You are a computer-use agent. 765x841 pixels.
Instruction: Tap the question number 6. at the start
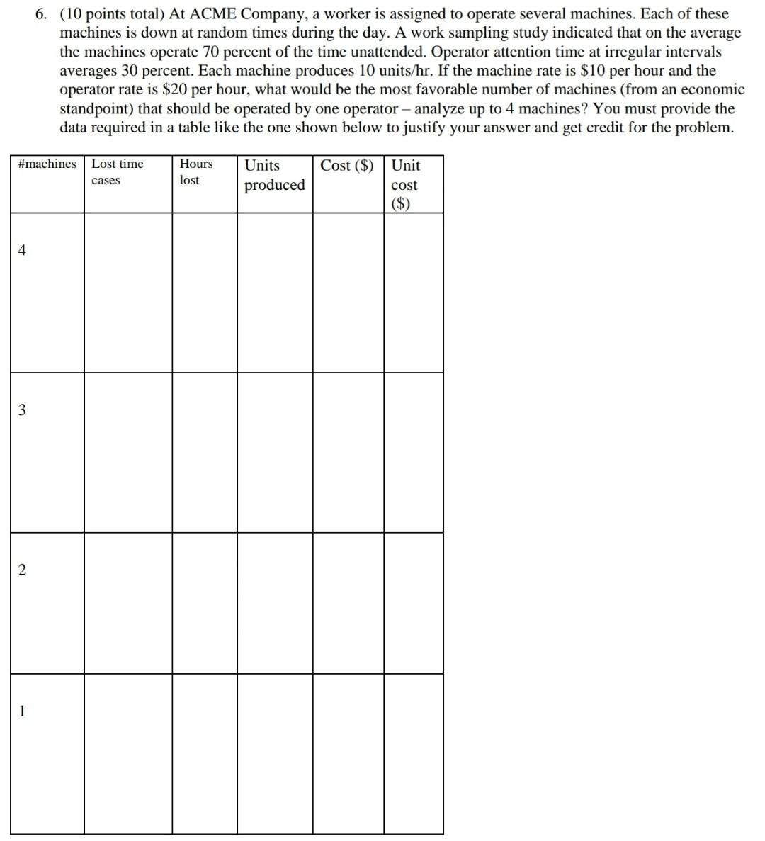(43, 14)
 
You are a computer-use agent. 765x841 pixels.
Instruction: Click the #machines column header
(47, 164)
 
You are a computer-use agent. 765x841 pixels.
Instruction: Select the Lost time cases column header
(117, 172)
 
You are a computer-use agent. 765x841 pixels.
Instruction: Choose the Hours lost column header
(195, 172)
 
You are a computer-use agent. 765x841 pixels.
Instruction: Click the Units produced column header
(274, 175)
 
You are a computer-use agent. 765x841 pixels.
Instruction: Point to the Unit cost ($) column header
(405, 184)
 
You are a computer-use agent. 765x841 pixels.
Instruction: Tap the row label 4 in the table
(22, 250)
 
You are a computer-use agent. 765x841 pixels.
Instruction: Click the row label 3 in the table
(22, 410)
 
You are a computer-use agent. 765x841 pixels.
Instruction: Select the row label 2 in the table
(22, 570)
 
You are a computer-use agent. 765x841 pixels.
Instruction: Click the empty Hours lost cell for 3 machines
(205, 453)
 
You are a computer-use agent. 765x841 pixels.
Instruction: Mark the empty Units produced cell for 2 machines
(275, 603)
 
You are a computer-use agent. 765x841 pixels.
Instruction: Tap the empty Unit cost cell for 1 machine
(414, 754)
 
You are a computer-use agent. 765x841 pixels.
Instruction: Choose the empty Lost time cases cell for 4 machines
(128, 293)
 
